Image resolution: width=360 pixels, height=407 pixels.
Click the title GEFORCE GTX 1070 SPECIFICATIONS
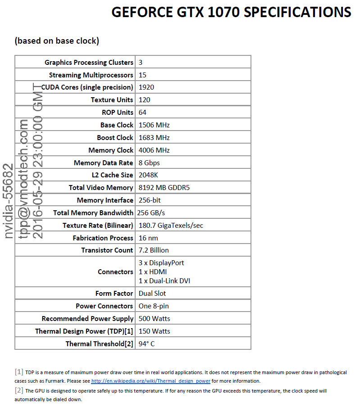(231, 12)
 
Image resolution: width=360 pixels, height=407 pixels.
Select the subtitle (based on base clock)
(57, 41)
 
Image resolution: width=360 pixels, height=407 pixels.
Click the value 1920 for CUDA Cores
(146, 87)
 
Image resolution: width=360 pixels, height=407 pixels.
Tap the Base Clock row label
(117, 125)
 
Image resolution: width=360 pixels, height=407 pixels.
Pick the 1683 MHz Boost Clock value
(154, 138)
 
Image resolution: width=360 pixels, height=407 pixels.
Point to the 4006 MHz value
(154, 150)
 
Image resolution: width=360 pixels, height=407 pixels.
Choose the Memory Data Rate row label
(103, 163)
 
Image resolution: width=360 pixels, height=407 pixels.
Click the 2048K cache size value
(149, 175)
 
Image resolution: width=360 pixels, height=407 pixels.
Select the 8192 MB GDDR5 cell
(164, 188)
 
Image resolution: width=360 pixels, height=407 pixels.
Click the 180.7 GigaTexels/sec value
(171, 226)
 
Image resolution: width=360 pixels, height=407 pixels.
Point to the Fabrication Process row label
(103, 238)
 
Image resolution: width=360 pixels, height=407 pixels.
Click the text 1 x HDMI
(153, 272)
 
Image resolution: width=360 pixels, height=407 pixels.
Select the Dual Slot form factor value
(152, 294)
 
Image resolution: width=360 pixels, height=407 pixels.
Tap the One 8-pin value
(154, 306)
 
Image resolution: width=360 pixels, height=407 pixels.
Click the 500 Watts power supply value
(154, 319)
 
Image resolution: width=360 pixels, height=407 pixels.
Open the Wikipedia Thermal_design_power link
(151, 381)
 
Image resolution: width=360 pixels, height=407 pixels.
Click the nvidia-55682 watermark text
(9, 200)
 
